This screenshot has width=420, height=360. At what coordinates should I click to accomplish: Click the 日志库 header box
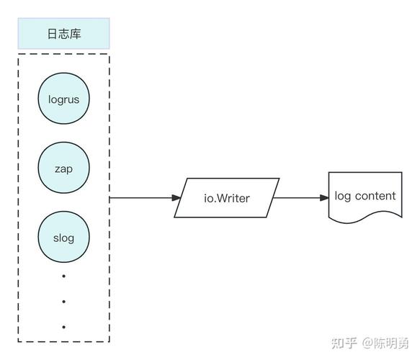click(x=63, y=34)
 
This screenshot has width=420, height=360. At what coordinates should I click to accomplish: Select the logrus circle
click(x=63, y=100)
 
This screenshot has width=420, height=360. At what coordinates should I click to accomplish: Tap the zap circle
click(x=63, y=168)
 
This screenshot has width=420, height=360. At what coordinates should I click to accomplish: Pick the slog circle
click(x=63, y=238)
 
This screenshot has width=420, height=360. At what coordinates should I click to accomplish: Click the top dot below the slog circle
click(x=63, y=276)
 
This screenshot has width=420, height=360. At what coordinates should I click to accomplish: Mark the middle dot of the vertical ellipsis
click(x=63, y=302)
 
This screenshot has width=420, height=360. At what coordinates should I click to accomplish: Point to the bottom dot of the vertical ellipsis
click(x=63, y=327)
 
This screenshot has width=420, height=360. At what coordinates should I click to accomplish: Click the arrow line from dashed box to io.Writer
click(x=140, y=197)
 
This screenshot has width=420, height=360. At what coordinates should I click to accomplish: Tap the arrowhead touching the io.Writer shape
click(x=176, y=197)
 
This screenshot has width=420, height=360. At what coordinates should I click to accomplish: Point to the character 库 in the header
click(x=75, y=34)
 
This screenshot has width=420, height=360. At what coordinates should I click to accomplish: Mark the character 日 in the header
click(x=52, y=34)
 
